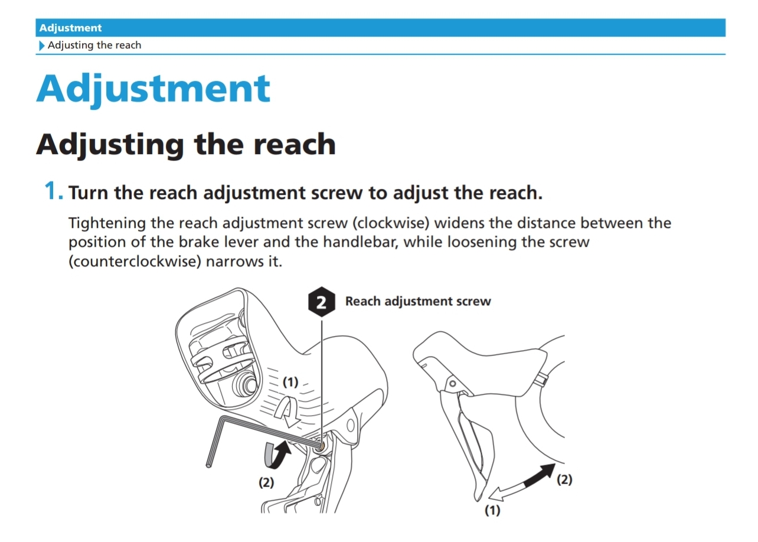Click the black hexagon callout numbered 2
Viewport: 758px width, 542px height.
coord(322,302)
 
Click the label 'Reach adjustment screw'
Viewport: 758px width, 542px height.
coord(417,301)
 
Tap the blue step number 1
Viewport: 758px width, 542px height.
coord(54,191)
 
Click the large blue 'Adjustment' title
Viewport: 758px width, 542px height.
coord(153,89)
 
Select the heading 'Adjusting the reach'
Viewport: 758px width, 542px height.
coord(186,145)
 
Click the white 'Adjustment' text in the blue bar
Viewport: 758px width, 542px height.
coord(70,28)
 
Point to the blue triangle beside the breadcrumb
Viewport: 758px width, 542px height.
coord(42,45)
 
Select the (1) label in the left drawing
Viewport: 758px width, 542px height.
coord(290,382)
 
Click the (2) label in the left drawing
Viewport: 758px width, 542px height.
coord(266,482)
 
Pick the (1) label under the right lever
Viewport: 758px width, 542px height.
coord(492,510)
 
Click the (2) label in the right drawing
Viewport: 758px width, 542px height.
coord(564,479)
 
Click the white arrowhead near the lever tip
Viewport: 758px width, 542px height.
coord(496,494)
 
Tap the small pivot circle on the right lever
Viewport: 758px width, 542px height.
coord(452,384)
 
